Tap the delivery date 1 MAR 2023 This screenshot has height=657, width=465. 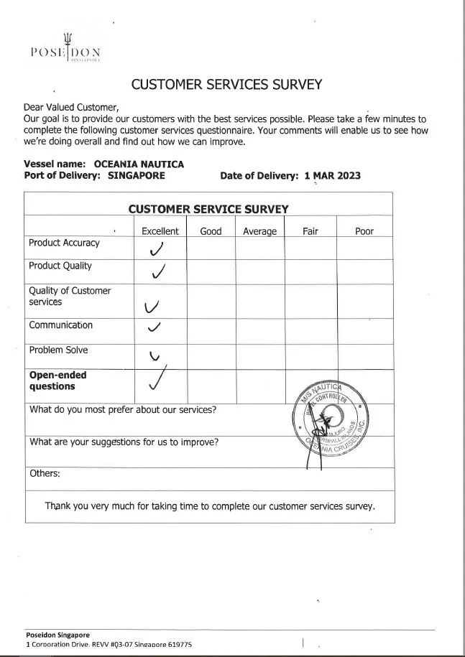[x=333, y=176]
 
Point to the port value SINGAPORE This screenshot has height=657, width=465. [x=137, y=175]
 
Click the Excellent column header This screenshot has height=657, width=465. [x=160, y=231]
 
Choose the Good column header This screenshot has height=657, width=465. [x=211, y=231]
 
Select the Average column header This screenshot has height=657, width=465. [x=259, y=231]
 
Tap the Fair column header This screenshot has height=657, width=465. [x=310, y=231]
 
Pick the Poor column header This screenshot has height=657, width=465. [x=364, y=231]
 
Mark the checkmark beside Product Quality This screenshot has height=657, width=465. [x=158, y=272]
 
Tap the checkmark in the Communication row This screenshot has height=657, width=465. [x=153, y=327]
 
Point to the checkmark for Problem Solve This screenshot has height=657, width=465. [x=154, y=355]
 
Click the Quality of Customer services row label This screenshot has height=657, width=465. [x=70, y=297]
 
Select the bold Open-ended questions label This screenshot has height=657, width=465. [x=57, y=381]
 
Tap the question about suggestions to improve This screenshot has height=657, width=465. [x=124, y=442]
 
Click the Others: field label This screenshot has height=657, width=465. [x=45, y=474]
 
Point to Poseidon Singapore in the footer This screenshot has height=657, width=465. [x=57, y=635]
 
